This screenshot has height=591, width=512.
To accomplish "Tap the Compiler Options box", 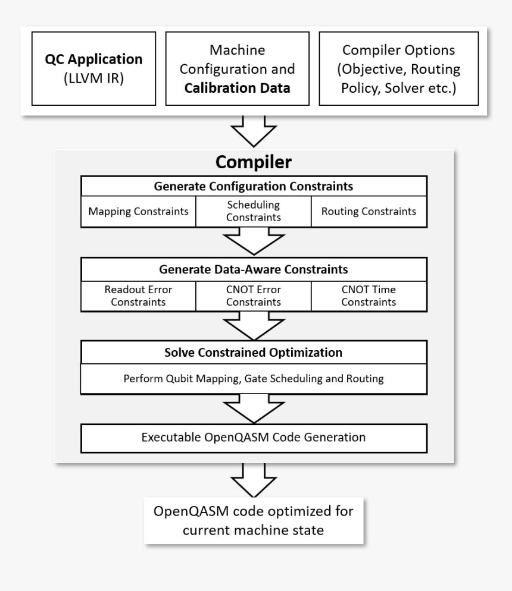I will pos(399,69).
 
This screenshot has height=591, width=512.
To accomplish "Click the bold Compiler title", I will pos(254,162).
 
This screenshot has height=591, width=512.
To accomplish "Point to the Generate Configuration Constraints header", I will pos(254,187).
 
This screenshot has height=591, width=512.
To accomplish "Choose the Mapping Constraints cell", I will pos(138,211).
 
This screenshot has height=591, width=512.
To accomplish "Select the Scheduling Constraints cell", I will pos(254,211).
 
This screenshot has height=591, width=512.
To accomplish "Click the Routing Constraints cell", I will pos(369,211).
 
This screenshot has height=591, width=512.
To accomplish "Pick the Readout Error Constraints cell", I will pos(138,295).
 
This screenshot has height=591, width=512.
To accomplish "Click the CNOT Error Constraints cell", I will pos(254,295).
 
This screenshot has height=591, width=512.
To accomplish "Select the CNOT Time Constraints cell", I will pos(369,295).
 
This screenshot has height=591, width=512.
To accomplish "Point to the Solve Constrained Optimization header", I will pos(254,353).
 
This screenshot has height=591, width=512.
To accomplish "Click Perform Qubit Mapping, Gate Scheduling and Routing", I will pos(254,379).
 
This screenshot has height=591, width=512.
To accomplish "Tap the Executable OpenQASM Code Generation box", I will pos(254,438).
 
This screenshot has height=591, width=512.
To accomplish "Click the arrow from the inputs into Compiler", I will pos(254,130).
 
